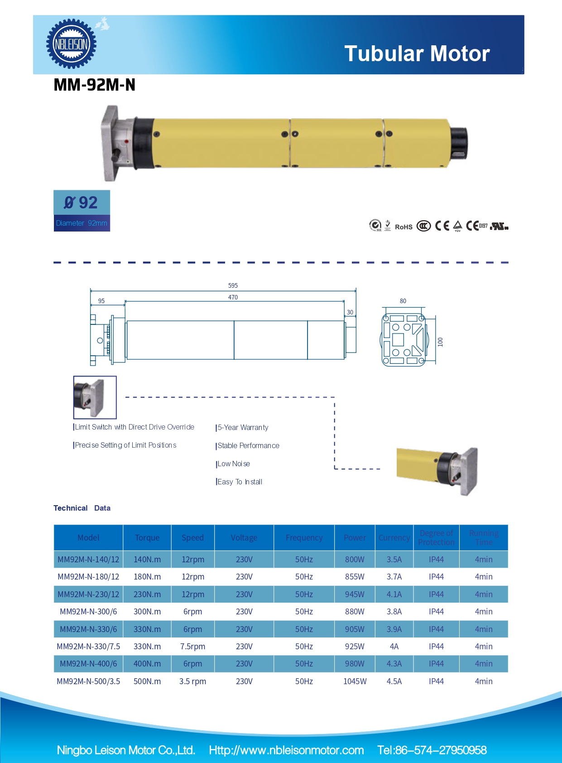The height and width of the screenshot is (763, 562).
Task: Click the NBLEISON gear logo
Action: pos(71,44)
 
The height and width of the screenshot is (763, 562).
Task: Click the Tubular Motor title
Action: pos(417,53)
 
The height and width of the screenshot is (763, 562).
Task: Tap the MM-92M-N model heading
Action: pos(94,85)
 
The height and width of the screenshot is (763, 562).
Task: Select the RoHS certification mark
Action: pos(403,227)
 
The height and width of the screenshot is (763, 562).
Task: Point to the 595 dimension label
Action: pos(233,285)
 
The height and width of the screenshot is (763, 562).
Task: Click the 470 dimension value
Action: pos(233,297)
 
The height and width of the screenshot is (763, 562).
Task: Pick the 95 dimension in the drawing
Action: pos(101,301)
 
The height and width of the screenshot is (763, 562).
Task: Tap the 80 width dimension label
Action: pos(403,301)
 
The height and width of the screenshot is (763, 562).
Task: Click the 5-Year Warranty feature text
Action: pos(243,427)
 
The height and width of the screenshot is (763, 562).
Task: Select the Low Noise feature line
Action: pos(234,464)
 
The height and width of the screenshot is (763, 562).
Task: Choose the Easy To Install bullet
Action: pos(240,482)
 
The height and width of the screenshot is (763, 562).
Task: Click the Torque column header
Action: pos(147,538)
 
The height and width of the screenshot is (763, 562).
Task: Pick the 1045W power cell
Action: pos(355,681)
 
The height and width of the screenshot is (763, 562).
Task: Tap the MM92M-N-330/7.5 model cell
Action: pos(88,646)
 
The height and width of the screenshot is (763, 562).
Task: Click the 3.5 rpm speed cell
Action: pos(192,681)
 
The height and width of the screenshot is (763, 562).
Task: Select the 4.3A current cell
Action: pos(394,663)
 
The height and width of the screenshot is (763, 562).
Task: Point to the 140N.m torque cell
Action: pos(147,559)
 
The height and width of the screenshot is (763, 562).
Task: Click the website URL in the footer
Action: pos(286,750)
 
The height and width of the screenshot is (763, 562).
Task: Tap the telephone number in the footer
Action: pos(432,750)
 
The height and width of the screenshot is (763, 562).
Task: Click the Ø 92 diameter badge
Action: pos(82,203)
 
